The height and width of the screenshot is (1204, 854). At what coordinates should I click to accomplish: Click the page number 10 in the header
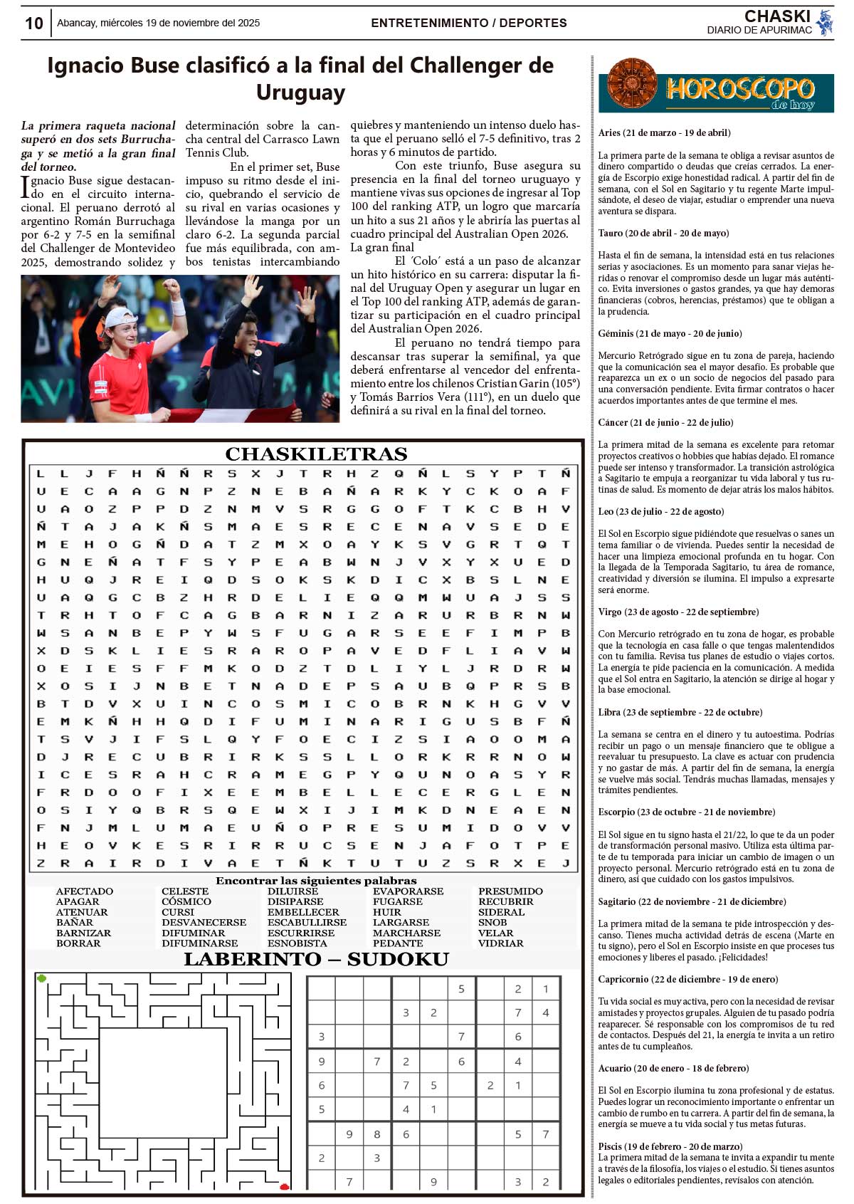(33, 23)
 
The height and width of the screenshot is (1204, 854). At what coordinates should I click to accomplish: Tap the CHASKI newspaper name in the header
(777, 16)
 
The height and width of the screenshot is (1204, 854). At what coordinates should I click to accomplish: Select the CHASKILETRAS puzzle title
(316, 454)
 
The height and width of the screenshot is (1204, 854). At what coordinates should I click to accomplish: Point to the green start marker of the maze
(42, 978)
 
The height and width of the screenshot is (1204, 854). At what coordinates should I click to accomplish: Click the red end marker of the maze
(285, 1186)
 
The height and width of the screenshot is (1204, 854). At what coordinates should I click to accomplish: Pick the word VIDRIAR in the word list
(501, 943)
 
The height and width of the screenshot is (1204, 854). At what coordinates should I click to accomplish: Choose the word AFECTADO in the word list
(84, 891)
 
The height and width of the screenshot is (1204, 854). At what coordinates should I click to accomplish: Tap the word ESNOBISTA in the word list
(297, 943)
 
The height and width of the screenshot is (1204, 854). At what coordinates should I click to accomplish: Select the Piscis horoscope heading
(659, 1146)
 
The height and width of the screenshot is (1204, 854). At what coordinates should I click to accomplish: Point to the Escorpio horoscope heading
(687, 812)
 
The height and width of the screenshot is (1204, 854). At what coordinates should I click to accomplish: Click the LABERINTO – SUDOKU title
(316, 959)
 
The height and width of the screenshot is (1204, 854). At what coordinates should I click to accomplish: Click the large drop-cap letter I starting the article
(26, 187)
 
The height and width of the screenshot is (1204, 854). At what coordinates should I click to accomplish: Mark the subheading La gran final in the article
(382, 248)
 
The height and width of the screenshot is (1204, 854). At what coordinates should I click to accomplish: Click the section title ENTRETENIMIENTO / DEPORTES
(468, 23)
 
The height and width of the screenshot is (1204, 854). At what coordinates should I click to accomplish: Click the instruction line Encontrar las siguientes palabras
(316, 881)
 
